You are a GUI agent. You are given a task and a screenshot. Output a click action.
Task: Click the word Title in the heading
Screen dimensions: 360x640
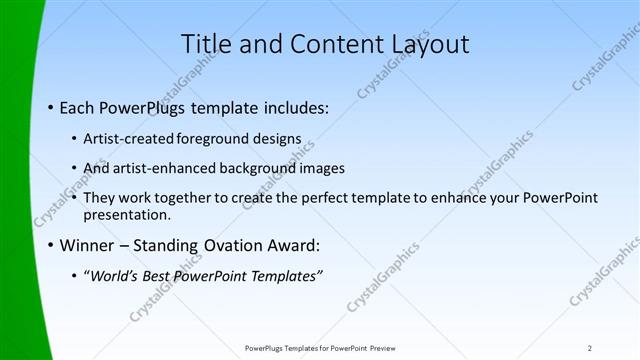tap(207, 44)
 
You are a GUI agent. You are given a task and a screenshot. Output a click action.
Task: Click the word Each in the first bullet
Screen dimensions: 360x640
tap(79, 107)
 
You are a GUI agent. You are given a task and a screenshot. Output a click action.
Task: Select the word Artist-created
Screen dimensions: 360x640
tap(131, 138)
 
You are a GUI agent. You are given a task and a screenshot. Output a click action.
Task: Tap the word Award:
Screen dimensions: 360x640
tap(292, 244)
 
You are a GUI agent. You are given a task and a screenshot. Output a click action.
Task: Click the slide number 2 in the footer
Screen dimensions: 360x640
tap(590, 348)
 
